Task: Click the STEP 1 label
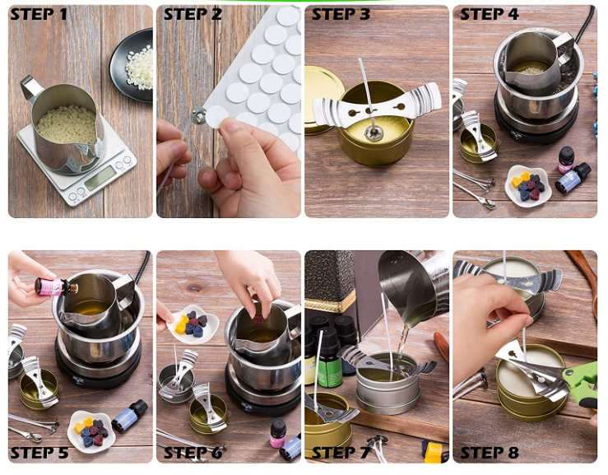pyautogui.click(x=39, y=14)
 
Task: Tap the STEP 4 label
pyautogui.click(x=490, y=14)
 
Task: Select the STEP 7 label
pyautogui.click(x=341, y=453)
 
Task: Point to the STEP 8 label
pyautogui.click(x=490, y=453)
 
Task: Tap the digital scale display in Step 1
pyautogui.click(x=100, y=179)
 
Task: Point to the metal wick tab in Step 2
pyautogui.click(x=198, y=115)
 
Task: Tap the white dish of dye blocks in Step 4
pyautogui.click(x=527, y=186)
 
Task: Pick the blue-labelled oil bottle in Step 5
pyautogui.click(x=130, y=417)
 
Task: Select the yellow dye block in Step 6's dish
pyautogui.click(x=182, y=325)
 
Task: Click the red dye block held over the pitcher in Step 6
pyautogui.click(x=258, y=319)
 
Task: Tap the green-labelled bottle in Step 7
pyautogui.click(x=330, y=359)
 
